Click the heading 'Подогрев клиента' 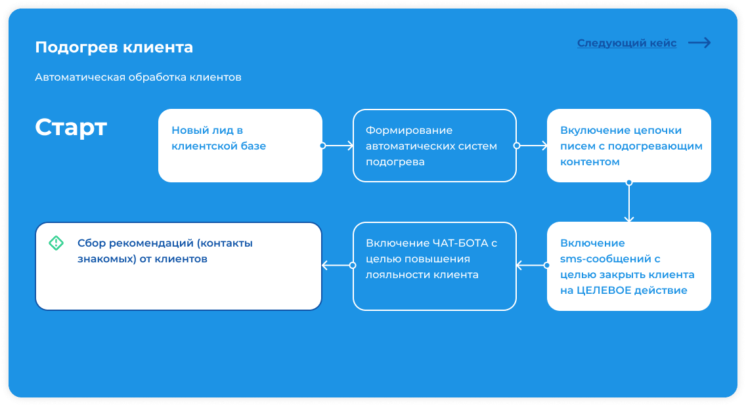coord(114,47)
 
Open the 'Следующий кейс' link coord(626,43)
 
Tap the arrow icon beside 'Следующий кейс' coord(699,43)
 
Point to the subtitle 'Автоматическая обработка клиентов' coord(138,77)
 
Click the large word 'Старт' coord(71,127)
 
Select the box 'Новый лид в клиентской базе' coord(240,146)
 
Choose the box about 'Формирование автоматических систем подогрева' coord(434,146)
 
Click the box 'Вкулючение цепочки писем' coord(629,146)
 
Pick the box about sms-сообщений coord(629,266)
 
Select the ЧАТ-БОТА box coord(434,266)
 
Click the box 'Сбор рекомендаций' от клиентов coord(179,266)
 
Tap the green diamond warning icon coord(56,243)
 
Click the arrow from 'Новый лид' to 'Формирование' coord(338,146)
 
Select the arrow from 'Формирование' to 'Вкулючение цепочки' coord(532,146)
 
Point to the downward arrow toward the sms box coord(629,202)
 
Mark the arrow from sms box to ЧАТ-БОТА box coord(532,265)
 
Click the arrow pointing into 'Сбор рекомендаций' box coord(338,265)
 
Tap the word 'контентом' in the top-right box coord(590,161)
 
